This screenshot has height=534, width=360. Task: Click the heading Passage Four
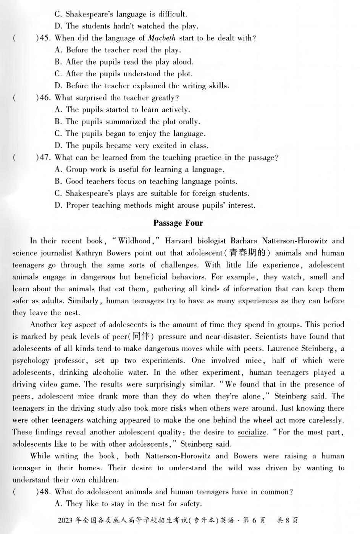[178, 223]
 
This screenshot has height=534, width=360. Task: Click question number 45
[45, 38]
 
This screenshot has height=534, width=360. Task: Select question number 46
[45, 98]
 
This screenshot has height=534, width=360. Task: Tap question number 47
[45, 157]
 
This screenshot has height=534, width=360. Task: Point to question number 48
[45, 492]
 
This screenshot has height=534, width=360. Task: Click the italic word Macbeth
[161, 38]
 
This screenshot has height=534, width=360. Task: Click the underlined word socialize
[252, 432]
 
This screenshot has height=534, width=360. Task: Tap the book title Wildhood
[134, 241]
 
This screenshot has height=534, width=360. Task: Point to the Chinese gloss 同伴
[141, 336]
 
